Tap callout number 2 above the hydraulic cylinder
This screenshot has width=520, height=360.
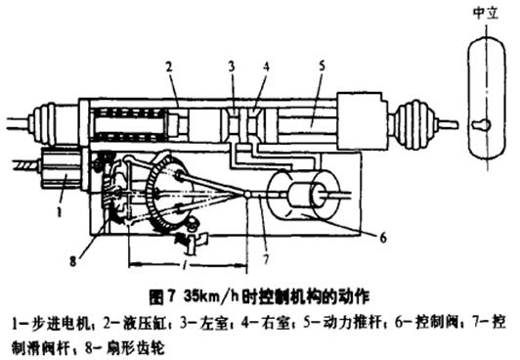[167, 67]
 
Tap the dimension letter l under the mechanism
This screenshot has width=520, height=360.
[186, 265]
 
